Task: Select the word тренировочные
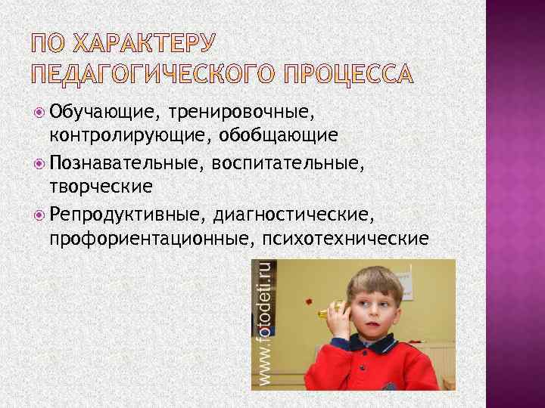[241, 112]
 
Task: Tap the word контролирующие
[130, 135]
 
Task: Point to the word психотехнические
[345, 240]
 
